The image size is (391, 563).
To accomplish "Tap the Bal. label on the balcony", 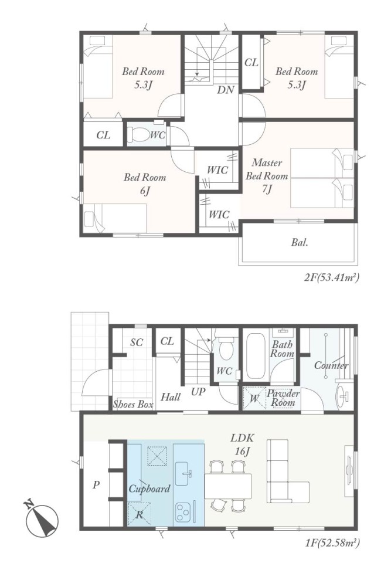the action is tap(300, 242).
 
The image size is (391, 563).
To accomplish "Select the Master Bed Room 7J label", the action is tap(267, 175).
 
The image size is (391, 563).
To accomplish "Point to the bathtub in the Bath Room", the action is tap(256, 357).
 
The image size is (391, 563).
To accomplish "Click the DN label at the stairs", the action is tap(226, 90).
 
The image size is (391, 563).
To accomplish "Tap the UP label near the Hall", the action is tap(198, 391).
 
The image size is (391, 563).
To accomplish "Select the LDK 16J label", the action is tap(242, 445).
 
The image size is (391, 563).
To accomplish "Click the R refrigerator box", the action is tap(140, 514).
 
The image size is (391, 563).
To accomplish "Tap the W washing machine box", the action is tap(254, 398).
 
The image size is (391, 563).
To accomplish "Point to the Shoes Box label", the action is tap(133, 404).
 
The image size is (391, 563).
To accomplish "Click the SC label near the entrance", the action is tap(137, 342).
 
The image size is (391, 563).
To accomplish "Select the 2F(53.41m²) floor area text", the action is tap(332, 277).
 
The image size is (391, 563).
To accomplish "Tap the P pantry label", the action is tap(96, 485).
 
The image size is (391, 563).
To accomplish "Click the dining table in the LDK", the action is tap(227, 486).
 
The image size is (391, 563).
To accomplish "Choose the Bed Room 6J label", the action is tap(145, 184).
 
